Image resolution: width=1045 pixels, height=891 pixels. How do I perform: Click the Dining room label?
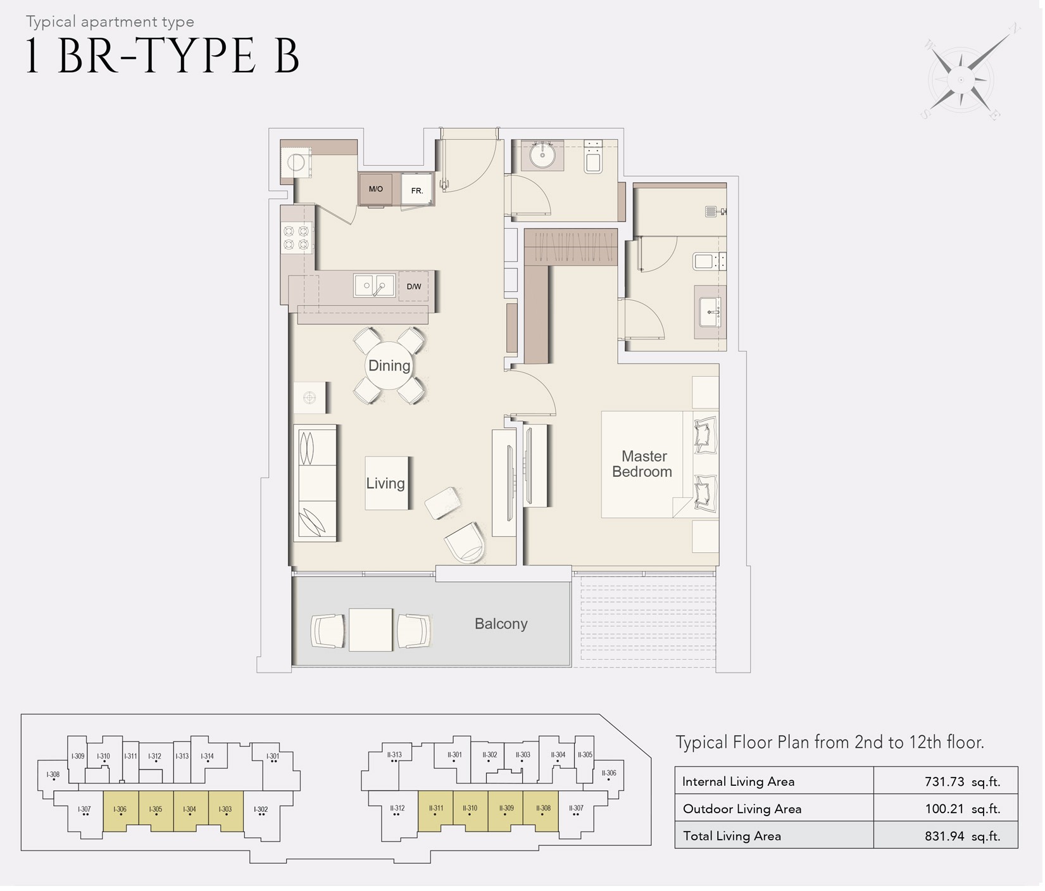pos(389,365)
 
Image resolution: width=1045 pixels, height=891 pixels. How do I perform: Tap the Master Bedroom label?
pos(642,464)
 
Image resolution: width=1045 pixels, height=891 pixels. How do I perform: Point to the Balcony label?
pos(501,624)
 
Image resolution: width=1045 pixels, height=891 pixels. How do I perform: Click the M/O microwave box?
pos(376,189)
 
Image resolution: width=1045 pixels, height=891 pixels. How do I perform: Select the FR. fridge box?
pos(416,190)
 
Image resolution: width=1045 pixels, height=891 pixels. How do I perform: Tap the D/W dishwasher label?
pos(414,287)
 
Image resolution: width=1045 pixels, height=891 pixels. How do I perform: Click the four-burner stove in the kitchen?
pos(296,238)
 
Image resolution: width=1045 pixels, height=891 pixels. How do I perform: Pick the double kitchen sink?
pos(374,286)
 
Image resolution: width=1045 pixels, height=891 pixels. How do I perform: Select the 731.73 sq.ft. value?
pos(962,781)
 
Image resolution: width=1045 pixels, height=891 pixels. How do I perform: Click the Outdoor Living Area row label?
pos(742,809)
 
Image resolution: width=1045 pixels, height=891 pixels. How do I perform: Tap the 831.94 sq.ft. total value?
pos(962,836)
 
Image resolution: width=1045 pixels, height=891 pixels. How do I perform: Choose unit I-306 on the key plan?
pos(120,810)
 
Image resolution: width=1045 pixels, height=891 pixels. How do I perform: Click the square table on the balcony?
pos(371,629)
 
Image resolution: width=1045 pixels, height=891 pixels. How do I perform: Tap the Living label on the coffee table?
pos(385,483)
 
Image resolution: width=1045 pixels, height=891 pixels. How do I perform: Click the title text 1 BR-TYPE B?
pos(162,56)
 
